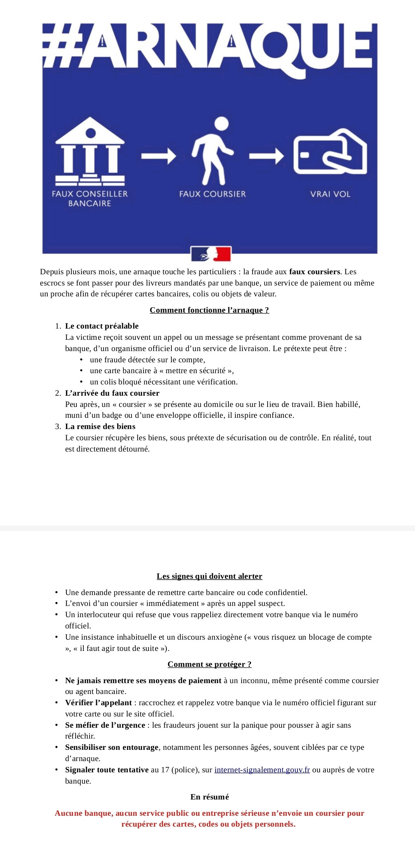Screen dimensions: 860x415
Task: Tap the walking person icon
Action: (213, 151)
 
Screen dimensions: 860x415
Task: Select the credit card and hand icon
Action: (330, 151)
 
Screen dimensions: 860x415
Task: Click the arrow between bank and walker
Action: (158, 156)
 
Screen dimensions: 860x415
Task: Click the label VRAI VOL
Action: (330, 194)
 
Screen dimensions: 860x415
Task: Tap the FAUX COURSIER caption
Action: (213, 194)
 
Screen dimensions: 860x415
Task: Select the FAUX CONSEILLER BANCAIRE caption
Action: (90, 198)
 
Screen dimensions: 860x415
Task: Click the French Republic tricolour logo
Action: (211, 254)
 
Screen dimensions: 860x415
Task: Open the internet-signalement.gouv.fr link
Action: (262, 770)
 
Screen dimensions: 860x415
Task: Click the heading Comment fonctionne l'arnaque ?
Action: (209, 310)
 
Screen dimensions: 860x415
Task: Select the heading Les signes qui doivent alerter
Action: (209, 576)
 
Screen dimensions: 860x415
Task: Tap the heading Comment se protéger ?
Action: (209, 664)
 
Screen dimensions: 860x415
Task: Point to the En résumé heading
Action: (209, 797)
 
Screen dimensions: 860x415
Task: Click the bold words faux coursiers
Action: (315, 272)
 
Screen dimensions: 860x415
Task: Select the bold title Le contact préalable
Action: (102, 326)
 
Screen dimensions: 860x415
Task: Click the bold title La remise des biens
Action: (100, 426)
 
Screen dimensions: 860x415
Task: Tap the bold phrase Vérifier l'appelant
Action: (99, 703)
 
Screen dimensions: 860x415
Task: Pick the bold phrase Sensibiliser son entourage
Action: (112, 747)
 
